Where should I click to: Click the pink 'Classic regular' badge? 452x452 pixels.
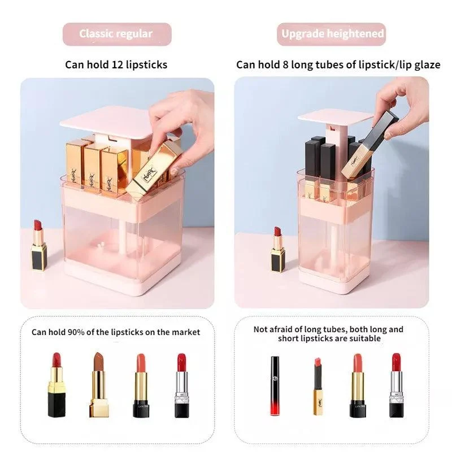[x=116, y=34]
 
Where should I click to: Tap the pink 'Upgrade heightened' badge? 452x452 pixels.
[x=332, y=34]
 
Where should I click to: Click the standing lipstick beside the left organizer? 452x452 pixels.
[x=38, y=246]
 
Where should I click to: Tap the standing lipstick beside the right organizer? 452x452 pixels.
[x=277, y=250]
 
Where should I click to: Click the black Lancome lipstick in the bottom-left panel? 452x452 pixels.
[x=141, y=386]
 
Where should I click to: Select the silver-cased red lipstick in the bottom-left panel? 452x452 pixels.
[x=181, y=386]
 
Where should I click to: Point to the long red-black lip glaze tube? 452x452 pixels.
[x=275, y=386]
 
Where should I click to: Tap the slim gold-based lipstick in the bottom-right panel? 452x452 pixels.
[x=318, y=386]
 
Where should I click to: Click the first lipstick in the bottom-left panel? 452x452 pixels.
[x=56, y=385]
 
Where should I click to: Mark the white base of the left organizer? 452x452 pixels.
[x=121, y=285]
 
